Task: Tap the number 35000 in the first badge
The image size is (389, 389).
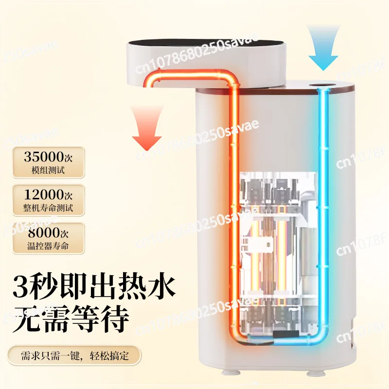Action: (x=44, y=157)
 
